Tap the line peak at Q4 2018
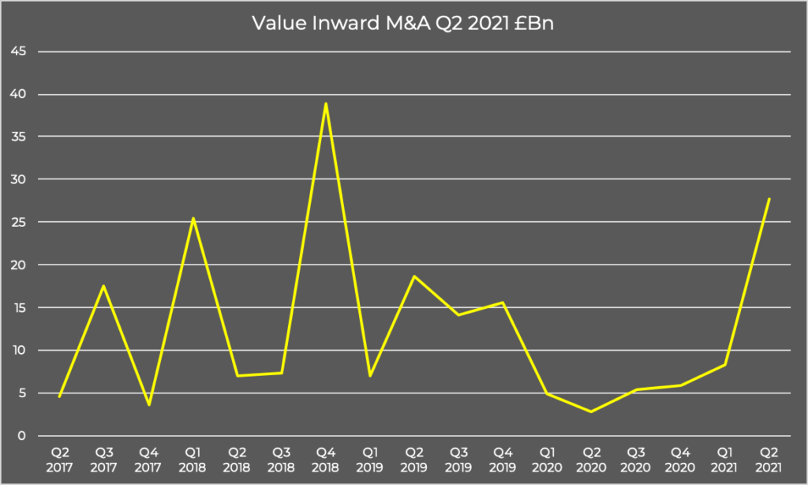pyautogui.click(x=326, y=103)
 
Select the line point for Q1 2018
pyautogui.click(x=193, y=218)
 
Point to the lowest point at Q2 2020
pyautogui.click(x=591, y=412)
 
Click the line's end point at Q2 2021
pyautogui.click(x=769, y=199)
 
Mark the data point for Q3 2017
pyautogui.click(x=104, y=286)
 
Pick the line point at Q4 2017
pyautogui.click(x=148, y=405)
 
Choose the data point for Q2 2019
pyautogui.click(x=414, y=276)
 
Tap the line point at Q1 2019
pyautogui.click(x=370, y=375)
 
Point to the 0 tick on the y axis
pyautogui.click(x=23, y=436)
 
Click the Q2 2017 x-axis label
pyautogui.click(x=60, y=460)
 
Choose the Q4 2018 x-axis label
pyautogui.click(x=326, y=460)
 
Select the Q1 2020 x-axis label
pyautogui.click(x=547, y=460)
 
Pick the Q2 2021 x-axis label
pyautogui.click(x=769, y=460)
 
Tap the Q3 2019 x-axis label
pyautogui.click(x=458, y=460)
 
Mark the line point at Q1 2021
pyautogui.click(x=724, y=365)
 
